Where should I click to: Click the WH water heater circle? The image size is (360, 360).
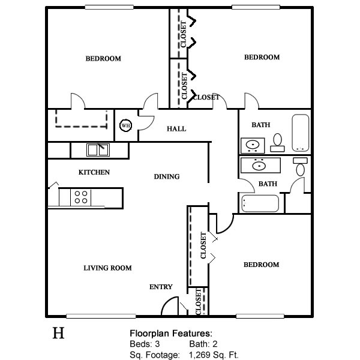(x=125, y=126)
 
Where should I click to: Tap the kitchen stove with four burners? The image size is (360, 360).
(x=82, y=197)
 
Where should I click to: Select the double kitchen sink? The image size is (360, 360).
(x=98, y=150)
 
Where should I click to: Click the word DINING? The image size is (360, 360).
(x=167, y=176)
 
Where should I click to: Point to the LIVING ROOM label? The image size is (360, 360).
(x=107, y=268)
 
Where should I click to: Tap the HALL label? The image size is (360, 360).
(x=176, y=129)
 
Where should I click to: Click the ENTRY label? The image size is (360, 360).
(x=161, y=287)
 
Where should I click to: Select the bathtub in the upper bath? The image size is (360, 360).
(x=301, y=133)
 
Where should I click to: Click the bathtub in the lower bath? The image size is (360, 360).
(x=260, y=203)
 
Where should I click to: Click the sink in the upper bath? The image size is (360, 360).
(x=253, y=145)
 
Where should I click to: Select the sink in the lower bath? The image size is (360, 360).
(x=260, y=164)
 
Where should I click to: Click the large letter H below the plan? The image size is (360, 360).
(x=58, y=334)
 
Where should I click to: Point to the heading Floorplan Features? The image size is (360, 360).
(x=171, y=334)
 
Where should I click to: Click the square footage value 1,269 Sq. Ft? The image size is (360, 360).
(x=214, y=355)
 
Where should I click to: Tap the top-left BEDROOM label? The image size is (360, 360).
(x=103, y=59)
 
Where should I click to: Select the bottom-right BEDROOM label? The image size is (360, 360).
(x=261, y=265)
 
